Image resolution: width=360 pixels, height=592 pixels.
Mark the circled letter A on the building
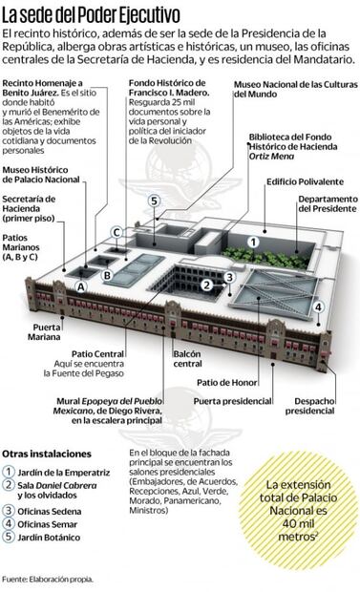point(81,285)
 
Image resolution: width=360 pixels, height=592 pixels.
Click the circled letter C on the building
point(116,232)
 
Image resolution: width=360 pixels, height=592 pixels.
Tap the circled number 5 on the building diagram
point(154,201)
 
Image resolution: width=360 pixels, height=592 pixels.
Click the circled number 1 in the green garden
point(253,243)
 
